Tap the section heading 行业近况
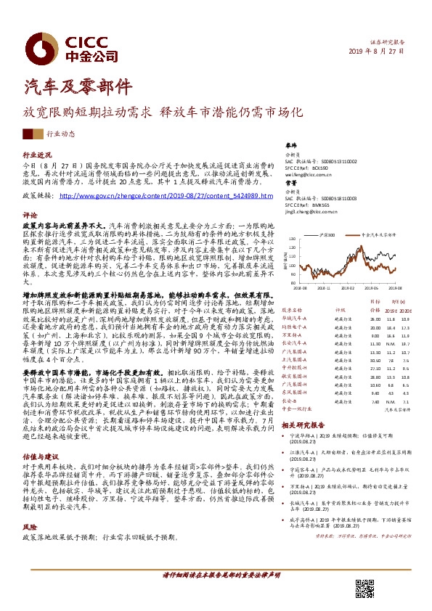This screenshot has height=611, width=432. pos(38,155)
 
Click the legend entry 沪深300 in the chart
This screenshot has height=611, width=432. pos(326,235)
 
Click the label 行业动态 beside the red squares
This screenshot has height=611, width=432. pos(60,134)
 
